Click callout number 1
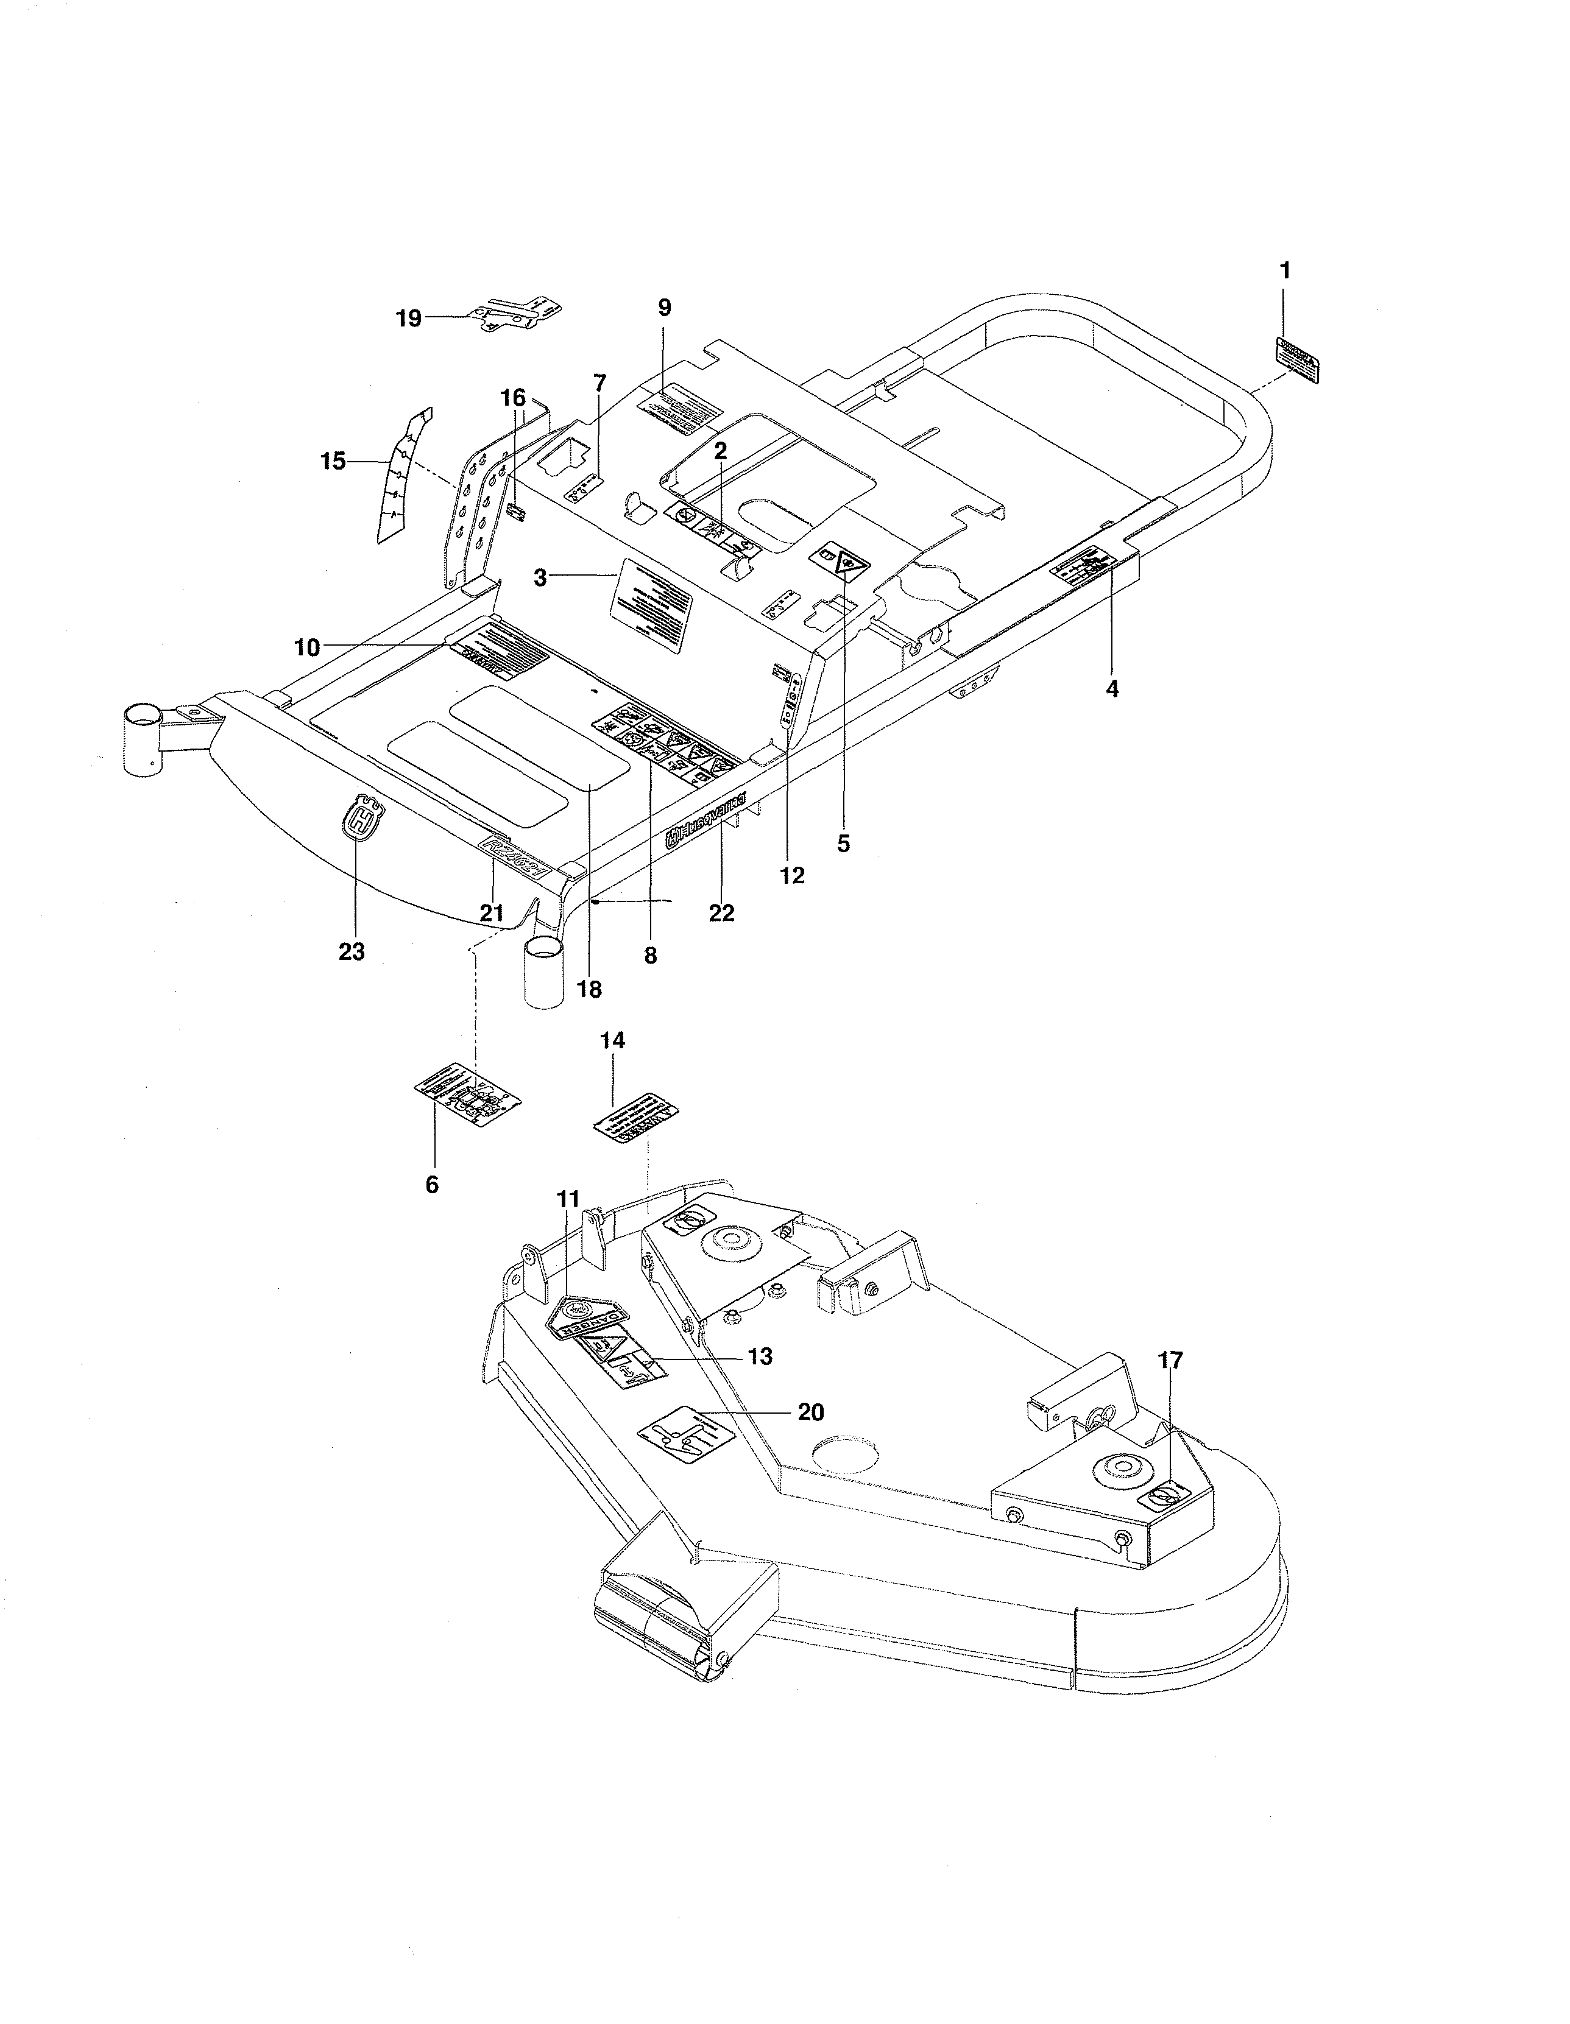coord(1284,270)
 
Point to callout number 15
coord(333,460)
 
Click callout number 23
coord(352,951)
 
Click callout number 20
coord(811,1411)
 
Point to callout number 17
coord(1170,1361)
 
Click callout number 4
coord(1112,688)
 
